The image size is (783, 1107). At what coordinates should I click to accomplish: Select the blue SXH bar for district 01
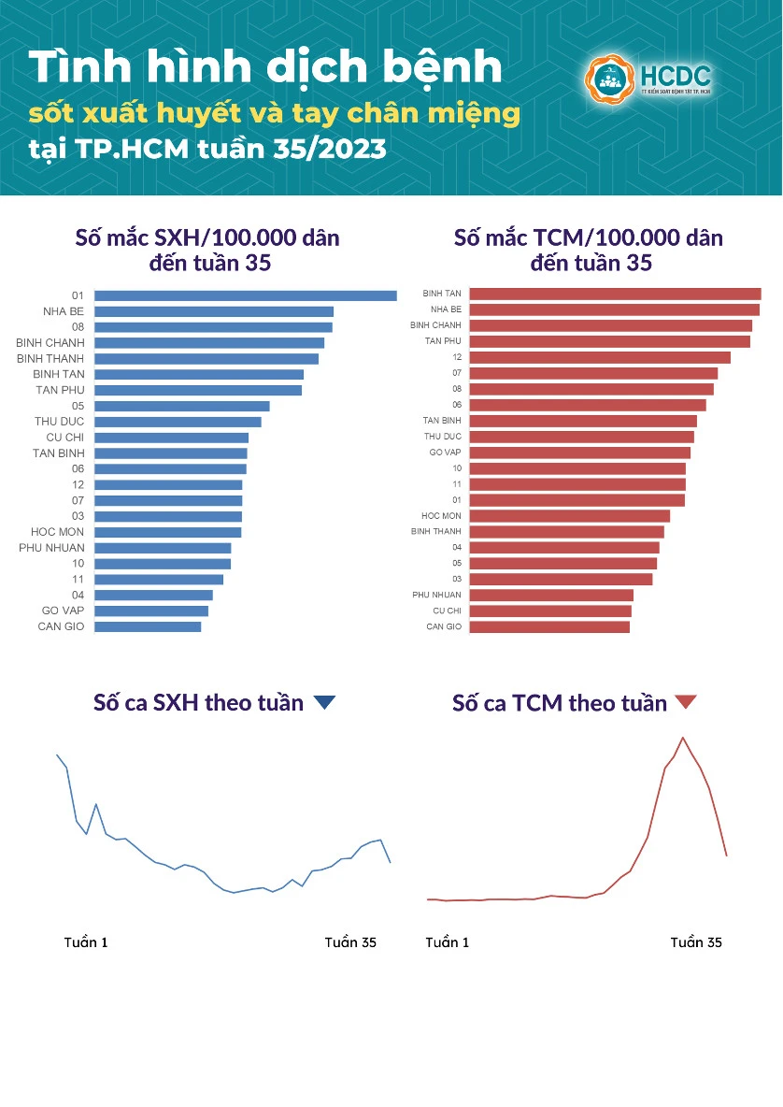coord(245,295)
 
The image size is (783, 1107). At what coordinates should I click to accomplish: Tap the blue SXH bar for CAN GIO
coord(148,626)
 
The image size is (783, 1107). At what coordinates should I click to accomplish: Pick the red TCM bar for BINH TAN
coord(615,294)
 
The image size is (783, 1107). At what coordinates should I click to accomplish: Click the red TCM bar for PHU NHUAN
coord(551,595)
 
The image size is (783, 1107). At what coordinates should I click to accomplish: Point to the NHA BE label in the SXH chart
coord(64,311)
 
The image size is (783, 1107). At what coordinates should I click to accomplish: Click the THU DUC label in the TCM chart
coord(442,437)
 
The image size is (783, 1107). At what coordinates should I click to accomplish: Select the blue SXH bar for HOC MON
coord(167,532)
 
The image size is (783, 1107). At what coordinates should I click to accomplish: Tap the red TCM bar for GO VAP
coord(579,453)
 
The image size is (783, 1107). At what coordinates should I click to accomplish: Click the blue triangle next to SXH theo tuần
coord(324,703)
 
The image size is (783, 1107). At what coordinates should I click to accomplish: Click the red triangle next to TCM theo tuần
coord(686,702)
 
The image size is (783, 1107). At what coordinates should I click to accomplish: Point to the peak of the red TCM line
coord(683,738)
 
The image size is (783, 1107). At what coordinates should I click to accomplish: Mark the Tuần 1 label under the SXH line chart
coord(86,942)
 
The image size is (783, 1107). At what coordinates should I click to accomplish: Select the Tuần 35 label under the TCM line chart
coord(696,942)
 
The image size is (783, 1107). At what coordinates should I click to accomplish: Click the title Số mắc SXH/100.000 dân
coord(207,237)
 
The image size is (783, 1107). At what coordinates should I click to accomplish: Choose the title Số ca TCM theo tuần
coord(560,703)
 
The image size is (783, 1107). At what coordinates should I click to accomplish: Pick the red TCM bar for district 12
coord(599,357)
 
